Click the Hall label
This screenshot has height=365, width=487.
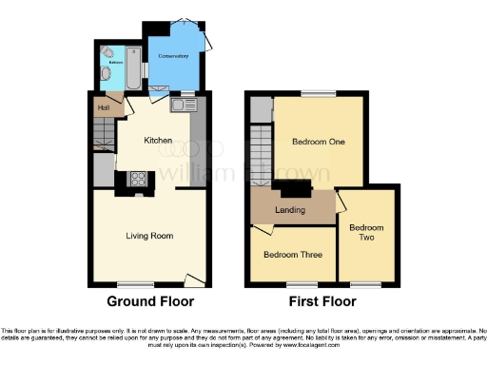click(101, 107)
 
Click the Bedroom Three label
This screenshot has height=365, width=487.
click(292, 255)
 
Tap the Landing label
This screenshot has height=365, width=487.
click(290, 209)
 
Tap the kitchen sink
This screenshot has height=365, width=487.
click(181, 106)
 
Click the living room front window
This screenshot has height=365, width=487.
click(129, 283)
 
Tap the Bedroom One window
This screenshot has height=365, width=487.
click(314, 93)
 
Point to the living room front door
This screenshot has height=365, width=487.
click(195, 279)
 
